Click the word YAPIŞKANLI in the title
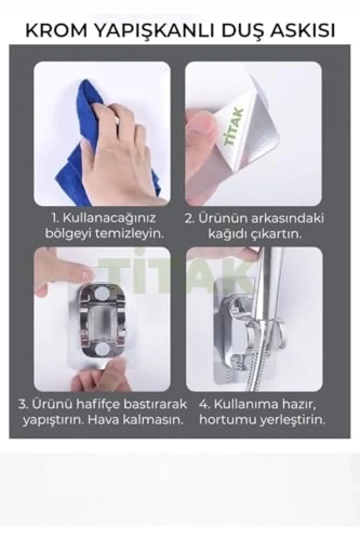click(x=154, y=31)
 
